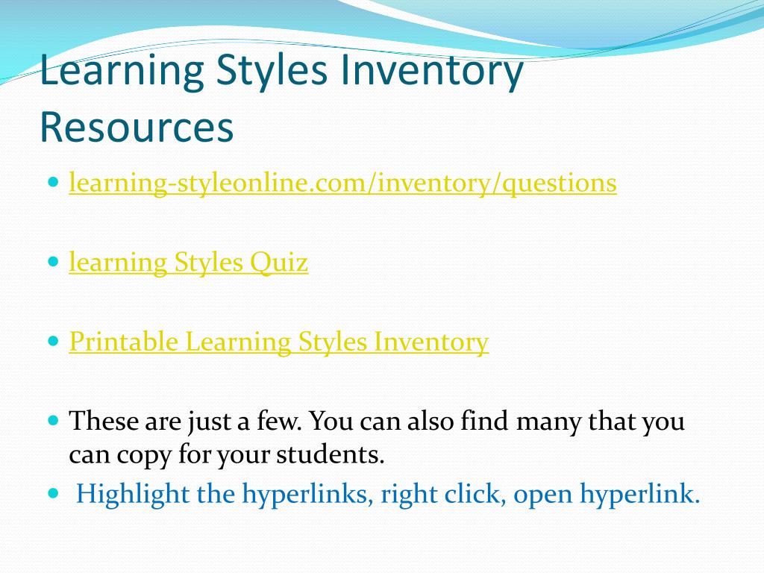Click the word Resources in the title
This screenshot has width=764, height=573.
(x=137, y=128)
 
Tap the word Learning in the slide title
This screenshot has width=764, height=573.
(x=119, y=72)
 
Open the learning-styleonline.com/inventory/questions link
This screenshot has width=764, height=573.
(x=342, y=183)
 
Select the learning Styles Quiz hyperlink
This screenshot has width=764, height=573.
(x=188, y=263)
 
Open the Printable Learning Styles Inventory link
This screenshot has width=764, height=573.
(x=278, y=342)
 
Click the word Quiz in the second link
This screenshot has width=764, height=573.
(x=279, y=263)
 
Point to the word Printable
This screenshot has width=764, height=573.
(x=124, y=342)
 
